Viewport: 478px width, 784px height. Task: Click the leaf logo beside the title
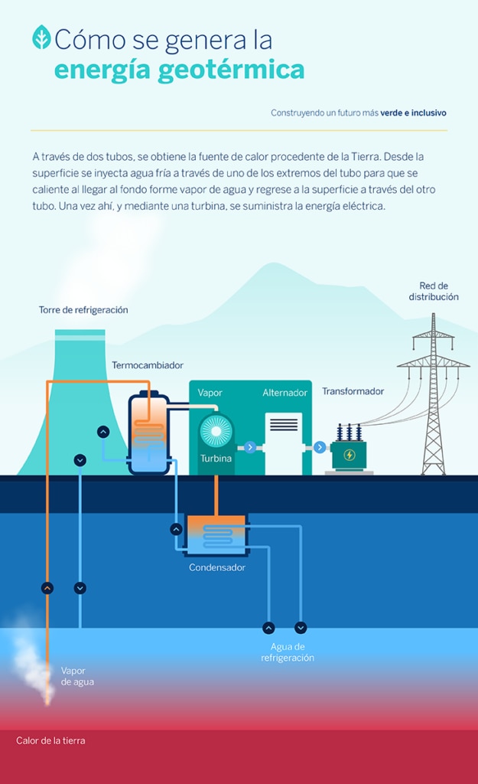pos(41,37)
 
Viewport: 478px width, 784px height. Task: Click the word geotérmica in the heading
pos(231,70)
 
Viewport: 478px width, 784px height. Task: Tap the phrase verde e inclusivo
pos(413,113)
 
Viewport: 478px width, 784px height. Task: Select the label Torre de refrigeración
pos(83,310)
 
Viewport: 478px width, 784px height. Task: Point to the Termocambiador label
pos(148,365)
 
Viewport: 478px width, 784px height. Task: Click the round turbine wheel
pos(216,431)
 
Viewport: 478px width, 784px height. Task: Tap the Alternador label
pos(285,393)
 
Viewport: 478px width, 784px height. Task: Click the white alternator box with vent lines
pos(284,443)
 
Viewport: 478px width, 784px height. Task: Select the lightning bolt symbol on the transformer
pos(350,455)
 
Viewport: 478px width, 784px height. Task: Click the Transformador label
pos(353,391)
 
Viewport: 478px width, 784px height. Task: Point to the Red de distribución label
pos(434,292)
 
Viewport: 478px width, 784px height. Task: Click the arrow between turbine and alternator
pos(250,447)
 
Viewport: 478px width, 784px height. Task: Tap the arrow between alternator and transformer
pos(320,447)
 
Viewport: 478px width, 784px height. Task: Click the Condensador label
pos(217,567)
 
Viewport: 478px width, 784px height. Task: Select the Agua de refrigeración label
pos(288,652)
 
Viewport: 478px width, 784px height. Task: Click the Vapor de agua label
pos(77,677)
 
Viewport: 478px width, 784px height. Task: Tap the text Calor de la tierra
pos(50,740)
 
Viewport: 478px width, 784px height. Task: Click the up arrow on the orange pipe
pos(47,588)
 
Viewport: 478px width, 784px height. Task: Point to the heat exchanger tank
pos(149,433)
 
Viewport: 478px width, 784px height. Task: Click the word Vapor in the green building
pos(210,393)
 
